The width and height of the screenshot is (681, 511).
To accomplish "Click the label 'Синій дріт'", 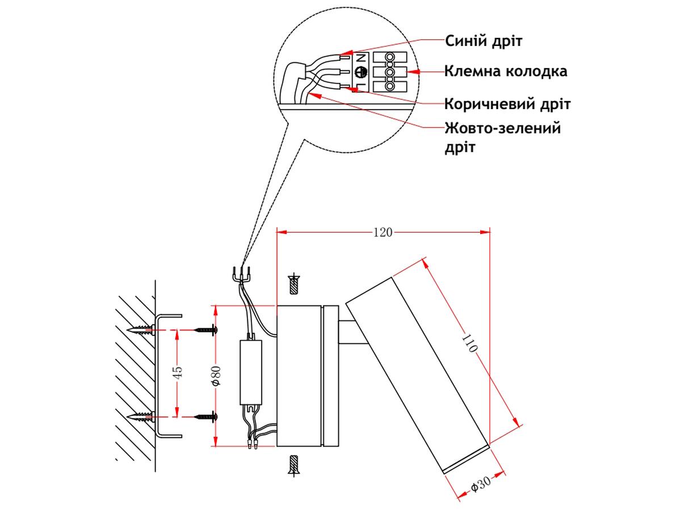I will coord(484,41).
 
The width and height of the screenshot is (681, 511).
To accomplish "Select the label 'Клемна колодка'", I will coord(506,72).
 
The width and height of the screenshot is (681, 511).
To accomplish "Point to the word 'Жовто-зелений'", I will coord(503,128).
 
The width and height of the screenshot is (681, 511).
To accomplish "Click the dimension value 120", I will coord(382,232).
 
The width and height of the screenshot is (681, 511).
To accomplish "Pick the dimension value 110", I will coord(470,345).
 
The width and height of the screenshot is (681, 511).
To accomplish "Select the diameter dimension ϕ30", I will coord(480,486).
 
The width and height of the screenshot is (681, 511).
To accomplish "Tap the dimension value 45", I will coord(178,373).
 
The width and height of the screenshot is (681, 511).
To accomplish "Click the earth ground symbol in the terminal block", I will coord(359,72).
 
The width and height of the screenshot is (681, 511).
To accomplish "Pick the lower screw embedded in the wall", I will coord(141,417).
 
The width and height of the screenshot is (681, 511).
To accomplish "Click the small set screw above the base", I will coord(295,284).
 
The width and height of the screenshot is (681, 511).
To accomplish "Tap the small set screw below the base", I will coord(294,465).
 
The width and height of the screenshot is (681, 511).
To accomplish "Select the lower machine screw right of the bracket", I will coord(205,417).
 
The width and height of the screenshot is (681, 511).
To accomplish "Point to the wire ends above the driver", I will coord(243,275).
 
